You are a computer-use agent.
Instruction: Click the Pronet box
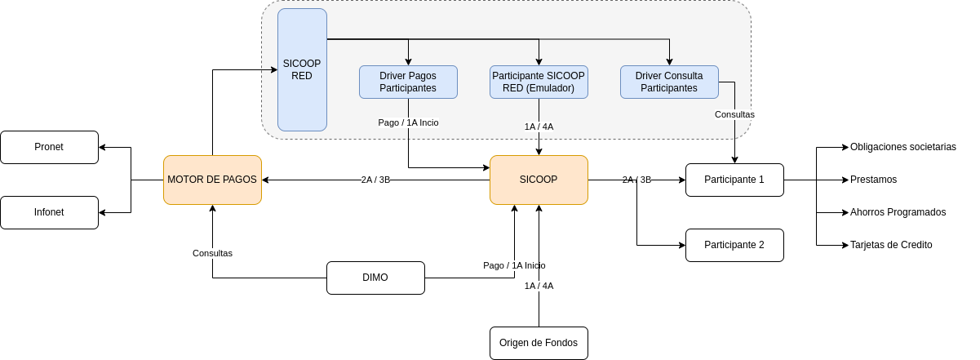(x=50, y=147)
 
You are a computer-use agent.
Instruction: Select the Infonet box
(x=50, y=212)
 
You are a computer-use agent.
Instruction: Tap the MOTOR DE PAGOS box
(x=212, y=180)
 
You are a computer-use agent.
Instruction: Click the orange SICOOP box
(x=539, y=180)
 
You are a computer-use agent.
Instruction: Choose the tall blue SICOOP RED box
(x=302, y=69)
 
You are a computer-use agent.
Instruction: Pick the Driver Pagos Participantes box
(x=408, y=82)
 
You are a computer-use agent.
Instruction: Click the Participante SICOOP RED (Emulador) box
(x=539, y=82)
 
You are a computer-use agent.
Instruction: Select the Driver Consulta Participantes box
(x=669, y=82)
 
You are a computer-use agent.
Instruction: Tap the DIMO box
(x=375, y=278)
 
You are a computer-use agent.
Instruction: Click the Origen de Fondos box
(x=539, y=343)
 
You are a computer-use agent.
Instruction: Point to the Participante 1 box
(x=734, y=180)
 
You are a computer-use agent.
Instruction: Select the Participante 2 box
(x=734, y=245)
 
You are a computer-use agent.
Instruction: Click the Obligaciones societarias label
(x=903, y=147)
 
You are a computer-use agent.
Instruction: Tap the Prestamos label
(x=873, y=180)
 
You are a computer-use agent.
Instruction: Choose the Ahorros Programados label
(x=898, y=212)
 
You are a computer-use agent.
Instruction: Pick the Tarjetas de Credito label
(x=891, y=245)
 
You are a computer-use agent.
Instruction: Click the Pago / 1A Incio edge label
(x=408, y=122)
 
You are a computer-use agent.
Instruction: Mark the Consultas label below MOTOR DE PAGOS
(x=212, y=253)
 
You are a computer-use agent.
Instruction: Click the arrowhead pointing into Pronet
(x=102, y=148)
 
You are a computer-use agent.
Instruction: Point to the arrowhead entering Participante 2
(x=682, y=246)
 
